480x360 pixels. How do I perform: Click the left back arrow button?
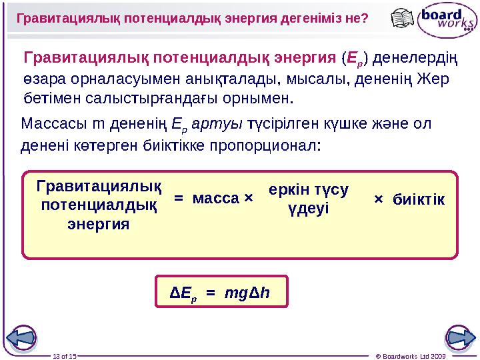tap(22, 337)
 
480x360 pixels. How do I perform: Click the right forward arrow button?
tap(459, 337)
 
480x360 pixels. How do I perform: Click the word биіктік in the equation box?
tap(419, 199)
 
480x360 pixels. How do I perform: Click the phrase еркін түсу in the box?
tap(309, 189)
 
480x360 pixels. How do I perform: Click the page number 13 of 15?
tap(65, 355)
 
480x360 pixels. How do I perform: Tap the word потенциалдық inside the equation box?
tap(99, 203)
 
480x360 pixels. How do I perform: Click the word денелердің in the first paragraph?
tap(414, 59)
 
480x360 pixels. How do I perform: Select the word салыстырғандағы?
tap(178, 99)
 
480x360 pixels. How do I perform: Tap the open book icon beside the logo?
tap(403, 19)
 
